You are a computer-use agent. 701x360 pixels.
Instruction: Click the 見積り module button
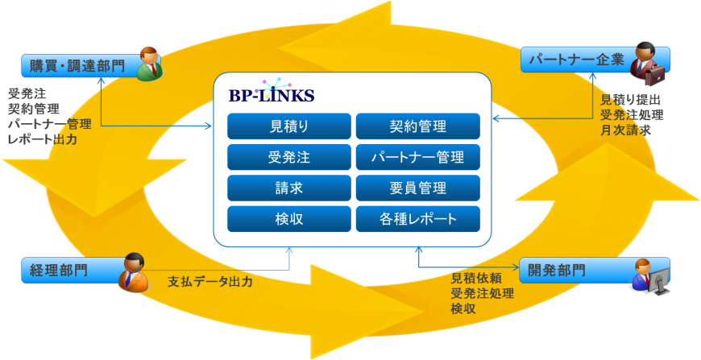click(x=289, y=126)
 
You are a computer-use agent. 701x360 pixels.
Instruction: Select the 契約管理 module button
click(x=417, y=126)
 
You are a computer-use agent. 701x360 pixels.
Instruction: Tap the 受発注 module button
click(x=289, y=157)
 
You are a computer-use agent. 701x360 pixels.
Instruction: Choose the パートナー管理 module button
click(x=417, y=157)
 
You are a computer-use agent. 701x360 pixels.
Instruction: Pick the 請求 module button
click(x=289, y=188)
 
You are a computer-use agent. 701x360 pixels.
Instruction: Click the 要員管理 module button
click(x=417, y=188)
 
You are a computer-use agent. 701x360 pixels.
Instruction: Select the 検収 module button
click(x=289, y=219)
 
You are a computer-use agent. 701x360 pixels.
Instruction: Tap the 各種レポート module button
click(x=417, y=219)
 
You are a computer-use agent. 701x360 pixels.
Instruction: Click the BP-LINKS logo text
click(x=272, y=96)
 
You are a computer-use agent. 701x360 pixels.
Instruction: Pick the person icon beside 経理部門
click(x=134, y=272)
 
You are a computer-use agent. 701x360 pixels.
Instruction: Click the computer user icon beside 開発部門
click(x=649, y=275)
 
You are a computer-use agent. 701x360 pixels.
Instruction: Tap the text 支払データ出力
click(x=210, y=283)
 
